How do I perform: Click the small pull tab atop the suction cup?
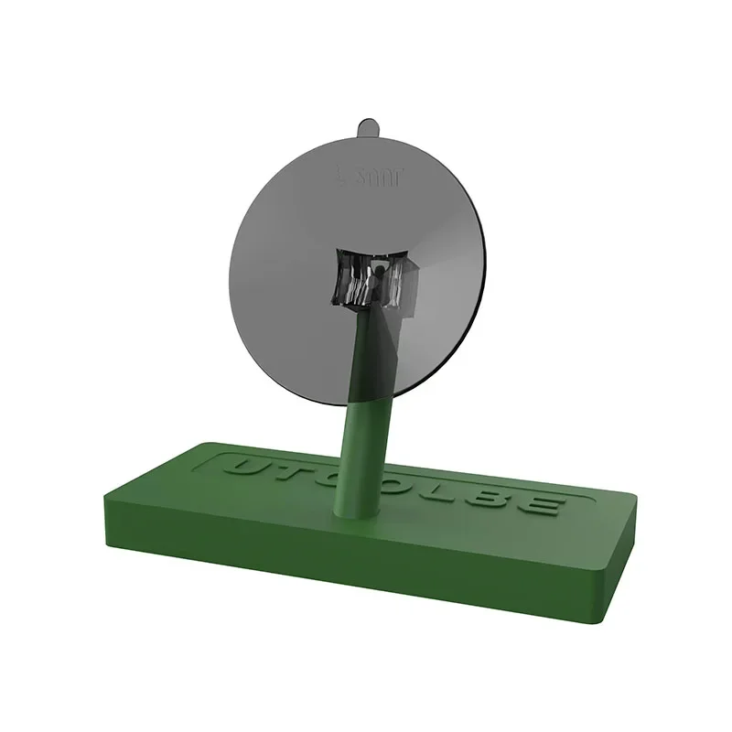367,124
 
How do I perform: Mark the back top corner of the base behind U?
202,444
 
